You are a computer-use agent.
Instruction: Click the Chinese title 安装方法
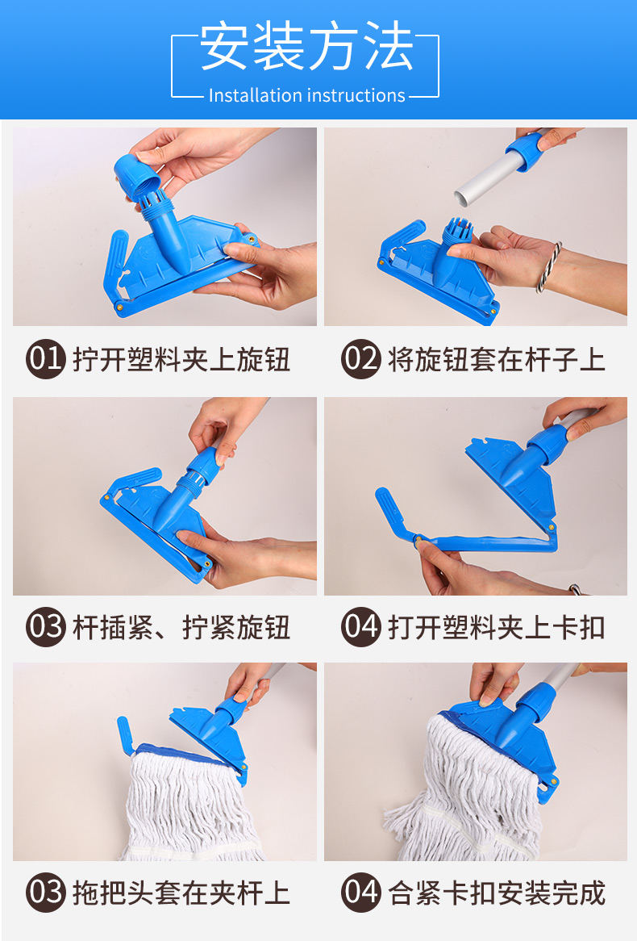pyautogui.click(x=306, y=47)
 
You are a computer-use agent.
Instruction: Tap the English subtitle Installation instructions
pyautogui.click(x=306, y=95)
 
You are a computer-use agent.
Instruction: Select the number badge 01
pyautogui.click(x=46, y=359)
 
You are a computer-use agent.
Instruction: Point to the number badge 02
pyautogui.click(x=361, y=359)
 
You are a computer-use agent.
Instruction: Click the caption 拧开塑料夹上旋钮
pyautogui.click(x=181, y=359)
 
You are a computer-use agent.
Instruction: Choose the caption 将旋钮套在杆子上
pyautogui.click(x=497, y=359)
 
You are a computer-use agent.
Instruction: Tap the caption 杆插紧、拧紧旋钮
pyautogui.click(x=181, y=628)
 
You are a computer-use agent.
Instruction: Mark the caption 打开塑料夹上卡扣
pyautogui.click(x=497, y=628)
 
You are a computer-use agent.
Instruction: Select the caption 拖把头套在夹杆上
pyautogui.click(x=181, y=893)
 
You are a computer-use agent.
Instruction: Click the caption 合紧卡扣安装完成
pyautogui.click(x=497, y=893)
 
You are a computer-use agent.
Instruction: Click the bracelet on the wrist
pyautogui.click(x=549, y=267)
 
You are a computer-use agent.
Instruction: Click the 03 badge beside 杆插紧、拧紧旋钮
pyautogui.click(x=46, y=627)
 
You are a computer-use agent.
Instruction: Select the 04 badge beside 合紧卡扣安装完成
pyautogui.click(x=361, y=893)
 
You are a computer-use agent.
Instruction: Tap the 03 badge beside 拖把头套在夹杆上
pyautogui.click(x=46, y=893)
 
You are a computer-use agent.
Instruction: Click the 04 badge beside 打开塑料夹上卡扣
pyautogui.click(x=361, y=627)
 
